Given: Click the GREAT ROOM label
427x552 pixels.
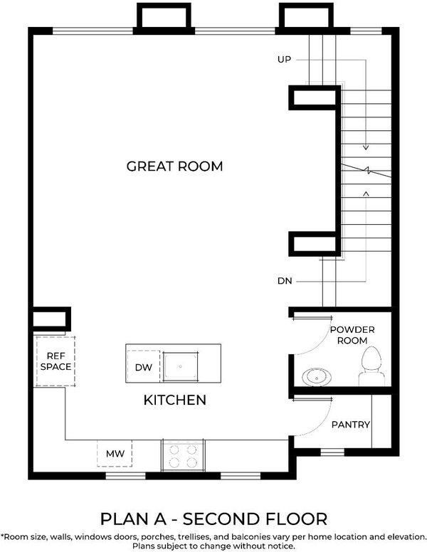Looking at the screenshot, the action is [x=175, y=166].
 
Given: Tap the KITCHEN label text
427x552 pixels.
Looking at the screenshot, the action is [x=175, y=400].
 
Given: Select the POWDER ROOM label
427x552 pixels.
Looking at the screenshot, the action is [x=352, y=335].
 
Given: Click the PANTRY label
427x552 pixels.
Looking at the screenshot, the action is [x=351, y=425].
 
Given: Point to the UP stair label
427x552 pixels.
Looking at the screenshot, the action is [x=285, y=60].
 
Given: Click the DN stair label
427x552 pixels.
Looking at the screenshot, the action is [x=285, y=281].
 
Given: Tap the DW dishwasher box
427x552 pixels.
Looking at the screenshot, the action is [x=144, y=367].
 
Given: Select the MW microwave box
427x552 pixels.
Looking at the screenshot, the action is [x=115, y=453].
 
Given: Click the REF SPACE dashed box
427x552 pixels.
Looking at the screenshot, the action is [x=56, y=361].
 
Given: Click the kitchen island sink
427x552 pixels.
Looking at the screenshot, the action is [x=180, y=366].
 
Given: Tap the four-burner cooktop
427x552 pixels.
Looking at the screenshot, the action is [x=182, y=455].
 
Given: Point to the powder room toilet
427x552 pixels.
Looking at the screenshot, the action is [x=371, y=366].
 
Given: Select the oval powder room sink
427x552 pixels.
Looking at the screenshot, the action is [x=317, y=377].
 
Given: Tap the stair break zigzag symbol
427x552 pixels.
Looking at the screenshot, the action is [x=367, y=171].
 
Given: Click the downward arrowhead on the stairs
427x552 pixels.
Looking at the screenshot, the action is [x=366, y=148].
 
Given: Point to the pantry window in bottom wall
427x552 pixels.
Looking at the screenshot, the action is [x=332, y=452].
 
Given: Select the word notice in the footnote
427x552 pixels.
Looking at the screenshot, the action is [x=281, y=546].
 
